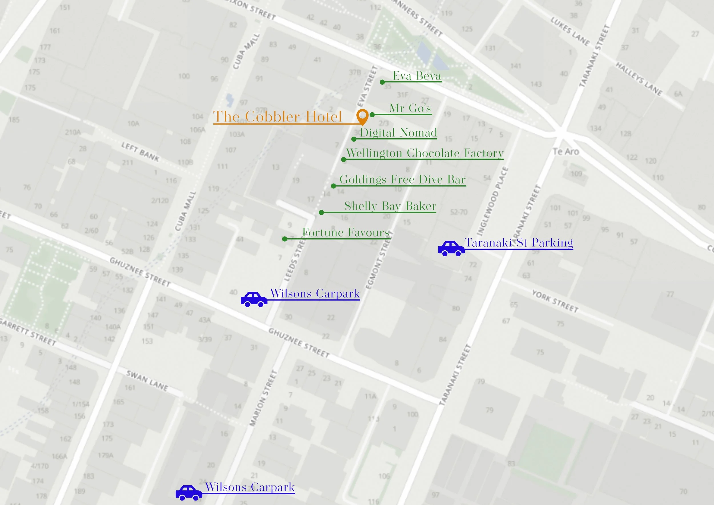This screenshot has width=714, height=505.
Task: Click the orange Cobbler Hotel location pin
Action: (x=362, y=116)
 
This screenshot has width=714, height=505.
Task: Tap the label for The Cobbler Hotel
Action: (x=277, y=117)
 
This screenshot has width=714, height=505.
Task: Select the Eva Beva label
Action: (x=417, y=76)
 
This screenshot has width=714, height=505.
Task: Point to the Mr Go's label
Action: (x=410, y=108)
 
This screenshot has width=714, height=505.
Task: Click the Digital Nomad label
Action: (x=398, y=133)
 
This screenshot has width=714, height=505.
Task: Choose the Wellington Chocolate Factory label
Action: (x=425, y=153)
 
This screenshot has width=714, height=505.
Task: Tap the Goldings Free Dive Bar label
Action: (x=402, y=179)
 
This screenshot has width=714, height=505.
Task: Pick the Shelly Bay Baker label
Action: (x=390, y=206)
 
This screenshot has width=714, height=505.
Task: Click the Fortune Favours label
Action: (x=346, y=232)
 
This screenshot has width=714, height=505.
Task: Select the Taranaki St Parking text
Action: (x=518, y=243)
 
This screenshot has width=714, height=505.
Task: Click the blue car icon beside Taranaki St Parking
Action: (x=451, y=248)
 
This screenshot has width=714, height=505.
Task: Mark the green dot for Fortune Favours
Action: (x=284, y=239)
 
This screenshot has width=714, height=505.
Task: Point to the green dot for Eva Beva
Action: (x=382, y=82)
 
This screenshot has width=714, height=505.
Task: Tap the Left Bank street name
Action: (x=140, y=152)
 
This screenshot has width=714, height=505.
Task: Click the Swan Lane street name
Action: (x=147, y=381)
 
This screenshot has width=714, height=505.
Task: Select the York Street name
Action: (x=555, y=301)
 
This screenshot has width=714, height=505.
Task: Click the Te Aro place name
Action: (x=566, y=152)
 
